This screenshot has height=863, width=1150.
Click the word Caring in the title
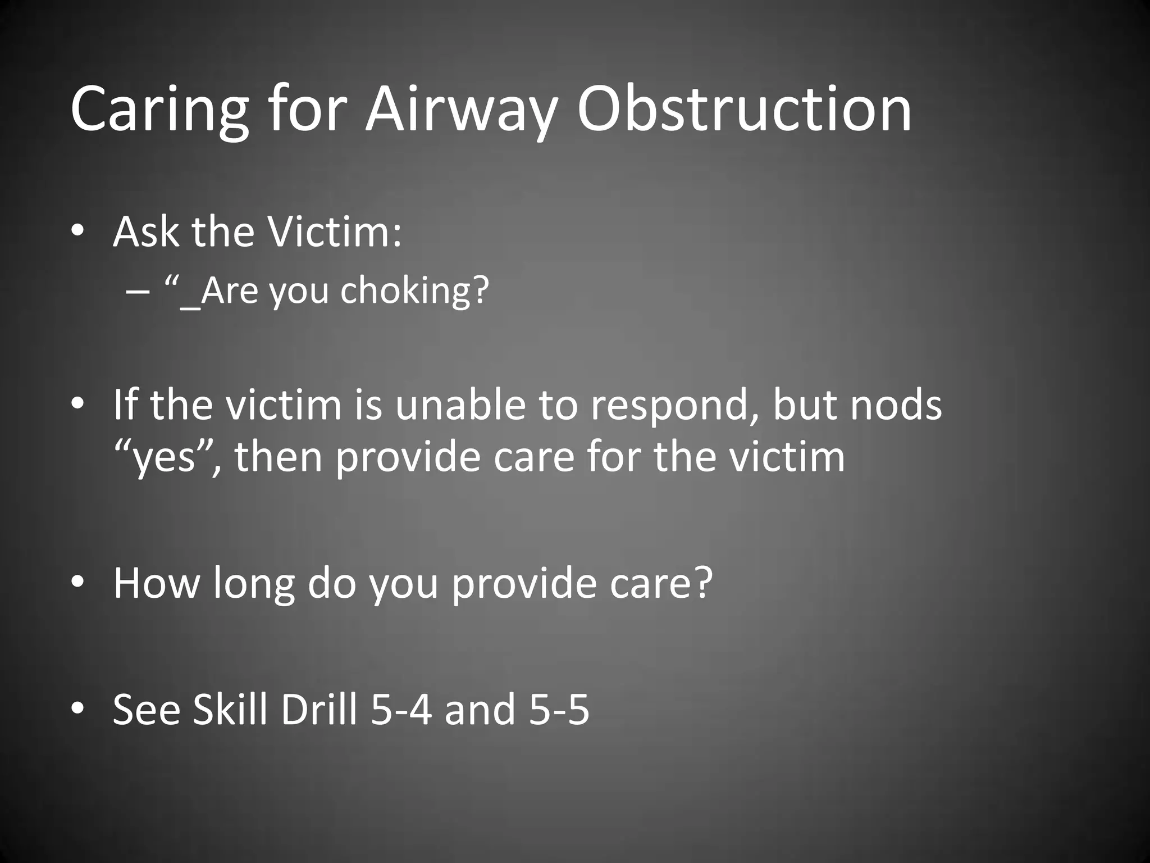(x=159, y=110)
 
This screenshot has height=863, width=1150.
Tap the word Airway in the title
(x=460, y=110)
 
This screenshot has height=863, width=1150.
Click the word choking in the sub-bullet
(x=414, y=291)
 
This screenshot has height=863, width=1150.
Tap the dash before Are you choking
(x=138, y=292)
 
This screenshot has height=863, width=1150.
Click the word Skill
(x=230, y=708)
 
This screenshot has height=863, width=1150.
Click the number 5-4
(x=401, y=709)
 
